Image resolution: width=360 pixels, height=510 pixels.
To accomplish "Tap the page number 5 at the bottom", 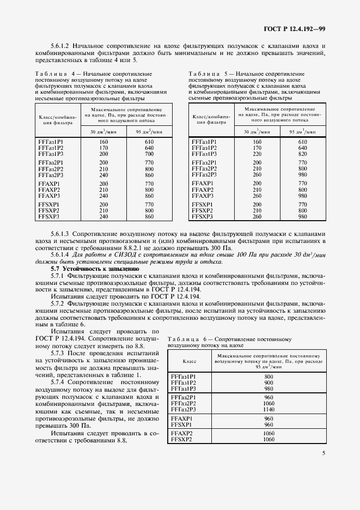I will click(x=324, y=452).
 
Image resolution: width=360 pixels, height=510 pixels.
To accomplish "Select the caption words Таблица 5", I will click(x=210, y=74).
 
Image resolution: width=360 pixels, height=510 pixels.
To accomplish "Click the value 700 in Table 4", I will click(x=149, y=154).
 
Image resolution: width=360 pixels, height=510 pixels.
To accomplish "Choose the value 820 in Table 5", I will click(x=303, y=154).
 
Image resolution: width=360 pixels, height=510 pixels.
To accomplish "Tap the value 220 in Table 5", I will click(x=258, y=154).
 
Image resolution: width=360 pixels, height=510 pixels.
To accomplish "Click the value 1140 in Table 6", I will click(x=269, y=409).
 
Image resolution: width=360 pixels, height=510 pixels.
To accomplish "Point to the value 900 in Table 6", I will click(x=269, y=382).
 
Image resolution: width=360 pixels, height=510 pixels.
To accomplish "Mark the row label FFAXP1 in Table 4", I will click(x=48, y=184).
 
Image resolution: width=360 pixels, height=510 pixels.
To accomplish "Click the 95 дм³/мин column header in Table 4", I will click(x=149, y=132).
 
